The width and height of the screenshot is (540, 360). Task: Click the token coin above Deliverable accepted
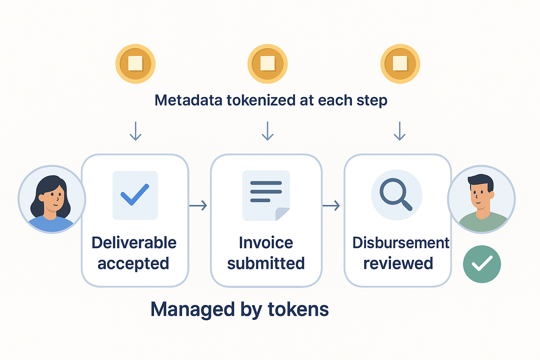[135, 64]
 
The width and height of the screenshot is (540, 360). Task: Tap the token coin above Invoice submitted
[268, 64]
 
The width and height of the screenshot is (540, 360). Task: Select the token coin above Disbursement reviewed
[400, 64]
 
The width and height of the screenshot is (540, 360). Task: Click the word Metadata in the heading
[188, 100]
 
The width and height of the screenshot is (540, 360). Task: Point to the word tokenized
[261, 100]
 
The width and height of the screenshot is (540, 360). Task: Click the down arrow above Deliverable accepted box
[135, 131]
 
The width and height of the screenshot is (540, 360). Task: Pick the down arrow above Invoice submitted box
[268, 131]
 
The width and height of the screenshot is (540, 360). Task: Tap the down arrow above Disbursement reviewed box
[399, 131]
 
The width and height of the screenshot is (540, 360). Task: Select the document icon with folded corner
[266, 195]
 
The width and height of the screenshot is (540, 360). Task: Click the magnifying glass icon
[396, 195]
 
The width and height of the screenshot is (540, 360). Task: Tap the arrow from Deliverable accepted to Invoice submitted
[198, 205]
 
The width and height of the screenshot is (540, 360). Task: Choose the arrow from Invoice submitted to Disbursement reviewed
[331, 205]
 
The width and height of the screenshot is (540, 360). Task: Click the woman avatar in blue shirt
[52, 199]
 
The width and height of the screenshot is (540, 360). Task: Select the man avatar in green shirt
[481, 199]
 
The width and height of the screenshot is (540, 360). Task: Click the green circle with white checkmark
[482, 264]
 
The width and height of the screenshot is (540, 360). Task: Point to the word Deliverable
[134, 243]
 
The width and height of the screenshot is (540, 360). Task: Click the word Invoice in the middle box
[266, 243]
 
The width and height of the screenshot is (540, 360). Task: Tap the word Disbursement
[400, 243]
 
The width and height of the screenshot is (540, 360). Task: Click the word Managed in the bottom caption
[193, 309]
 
